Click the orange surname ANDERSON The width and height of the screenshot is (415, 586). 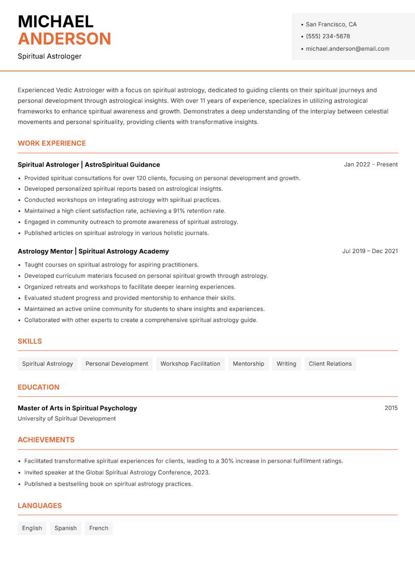click(64, 39)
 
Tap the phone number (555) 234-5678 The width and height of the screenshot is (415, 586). click(328, 36)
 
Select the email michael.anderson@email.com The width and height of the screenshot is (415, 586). click(348, 49)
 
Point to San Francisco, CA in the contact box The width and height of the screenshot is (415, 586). click(331, 24)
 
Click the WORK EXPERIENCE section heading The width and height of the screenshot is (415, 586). click(52, 143)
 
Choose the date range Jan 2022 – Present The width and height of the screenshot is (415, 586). click(370, 164)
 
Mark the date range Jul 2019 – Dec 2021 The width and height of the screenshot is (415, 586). click(370, 251)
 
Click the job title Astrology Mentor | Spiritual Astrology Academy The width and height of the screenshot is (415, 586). click(93, 252)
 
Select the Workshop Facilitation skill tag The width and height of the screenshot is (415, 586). click(190, 364)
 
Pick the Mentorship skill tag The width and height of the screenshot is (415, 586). click(248, 364)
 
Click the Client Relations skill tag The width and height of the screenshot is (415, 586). click(330, 364)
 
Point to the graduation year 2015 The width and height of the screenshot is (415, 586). click(391, 408)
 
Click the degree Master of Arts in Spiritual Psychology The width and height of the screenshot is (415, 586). click(77, 408)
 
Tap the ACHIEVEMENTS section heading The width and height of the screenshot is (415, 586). click(46, 440)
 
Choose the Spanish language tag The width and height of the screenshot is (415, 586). click(65, 528)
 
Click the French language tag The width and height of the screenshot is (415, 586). click(99, 528)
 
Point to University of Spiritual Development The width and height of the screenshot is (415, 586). click(67, 418)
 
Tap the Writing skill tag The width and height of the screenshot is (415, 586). click(286, 364)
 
